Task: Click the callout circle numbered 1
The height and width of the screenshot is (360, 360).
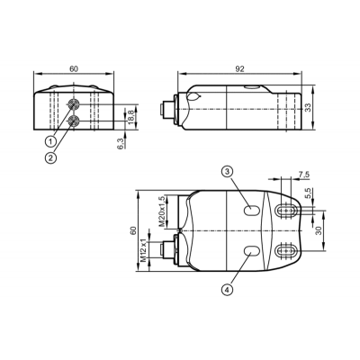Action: point(50,140)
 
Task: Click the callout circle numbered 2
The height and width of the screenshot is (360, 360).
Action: point(50,157)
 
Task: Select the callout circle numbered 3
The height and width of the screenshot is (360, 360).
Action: point(227,171)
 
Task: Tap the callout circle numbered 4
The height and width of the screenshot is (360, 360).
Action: point(227,290)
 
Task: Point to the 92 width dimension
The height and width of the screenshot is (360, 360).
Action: point(239,69)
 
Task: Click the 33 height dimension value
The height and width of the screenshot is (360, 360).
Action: point(308,108)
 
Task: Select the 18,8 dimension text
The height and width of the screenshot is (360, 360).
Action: point(131,117)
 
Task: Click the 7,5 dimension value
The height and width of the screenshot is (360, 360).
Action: point(303,175)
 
